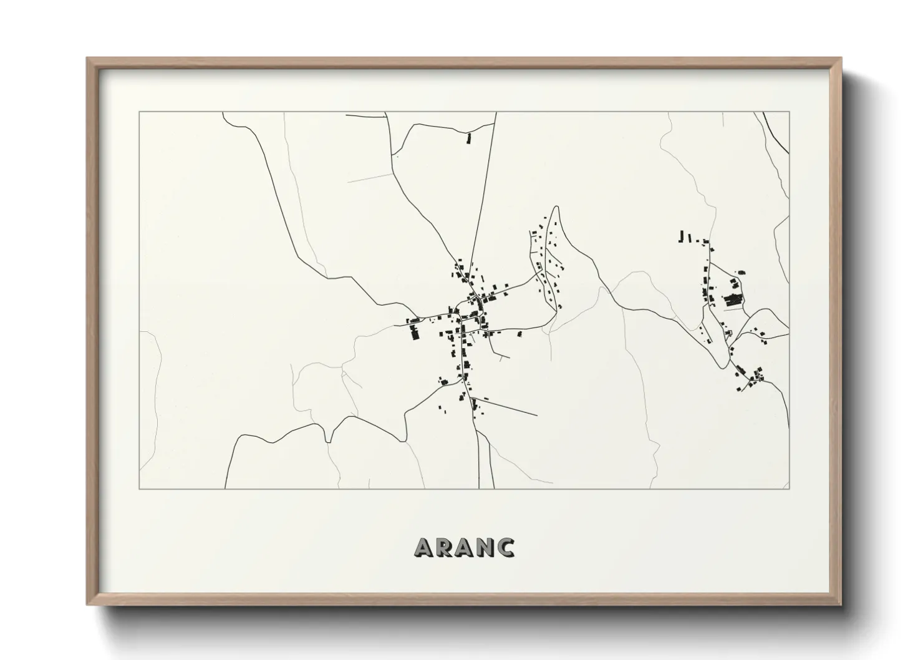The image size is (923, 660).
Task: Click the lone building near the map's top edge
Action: [x=468, y=138]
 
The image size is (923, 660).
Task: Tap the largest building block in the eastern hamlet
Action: [x=733, y=300]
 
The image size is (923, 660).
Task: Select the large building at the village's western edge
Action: [x=414, y=333]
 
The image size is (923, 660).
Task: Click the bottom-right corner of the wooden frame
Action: [x=841, y=604]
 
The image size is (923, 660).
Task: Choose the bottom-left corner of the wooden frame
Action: [x=88, y=604]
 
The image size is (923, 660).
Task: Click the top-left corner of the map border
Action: [x=139, y=112]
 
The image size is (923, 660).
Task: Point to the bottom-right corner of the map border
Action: [x=790, y=488]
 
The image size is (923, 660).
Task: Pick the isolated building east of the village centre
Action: [x=519, y=334]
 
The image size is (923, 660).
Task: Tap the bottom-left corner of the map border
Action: [x=139, y=488]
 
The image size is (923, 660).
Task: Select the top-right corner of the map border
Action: [x=790, y=112]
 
